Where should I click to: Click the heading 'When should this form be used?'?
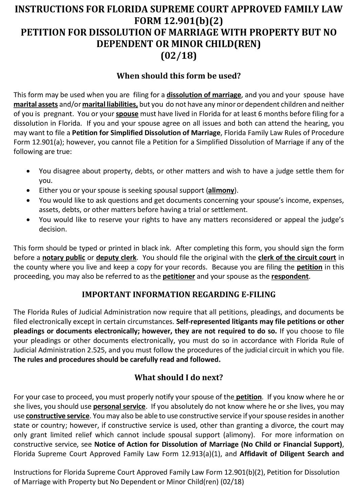[x=179, y=76]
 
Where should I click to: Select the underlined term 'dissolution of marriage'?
[x=204, y=95]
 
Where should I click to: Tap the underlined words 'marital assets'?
[x=36, y=104]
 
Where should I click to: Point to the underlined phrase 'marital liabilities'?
[x=110, y=104]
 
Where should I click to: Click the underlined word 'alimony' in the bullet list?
[x=221, y=190]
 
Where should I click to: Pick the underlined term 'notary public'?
[x=64, y=258]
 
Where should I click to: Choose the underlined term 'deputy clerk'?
[x=116, y=258]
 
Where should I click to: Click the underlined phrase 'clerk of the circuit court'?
[x=297, y=258]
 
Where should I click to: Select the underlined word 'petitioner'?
[x=179, y=276]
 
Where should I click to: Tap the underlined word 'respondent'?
[x=290, y=276]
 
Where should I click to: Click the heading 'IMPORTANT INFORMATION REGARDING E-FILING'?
[x=179, y=295]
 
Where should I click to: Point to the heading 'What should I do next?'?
[x=179, y=378]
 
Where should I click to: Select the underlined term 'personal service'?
[x=119, y=406]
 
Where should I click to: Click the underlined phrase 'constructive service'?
[x=58, y=416]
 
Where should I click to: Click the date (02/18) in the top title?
[x=179, y=56]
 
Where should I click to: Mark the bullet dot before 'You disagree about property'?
[x=28, y=171]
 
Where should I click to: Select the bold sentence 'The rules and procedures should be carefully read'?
[x=117, y=360]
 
